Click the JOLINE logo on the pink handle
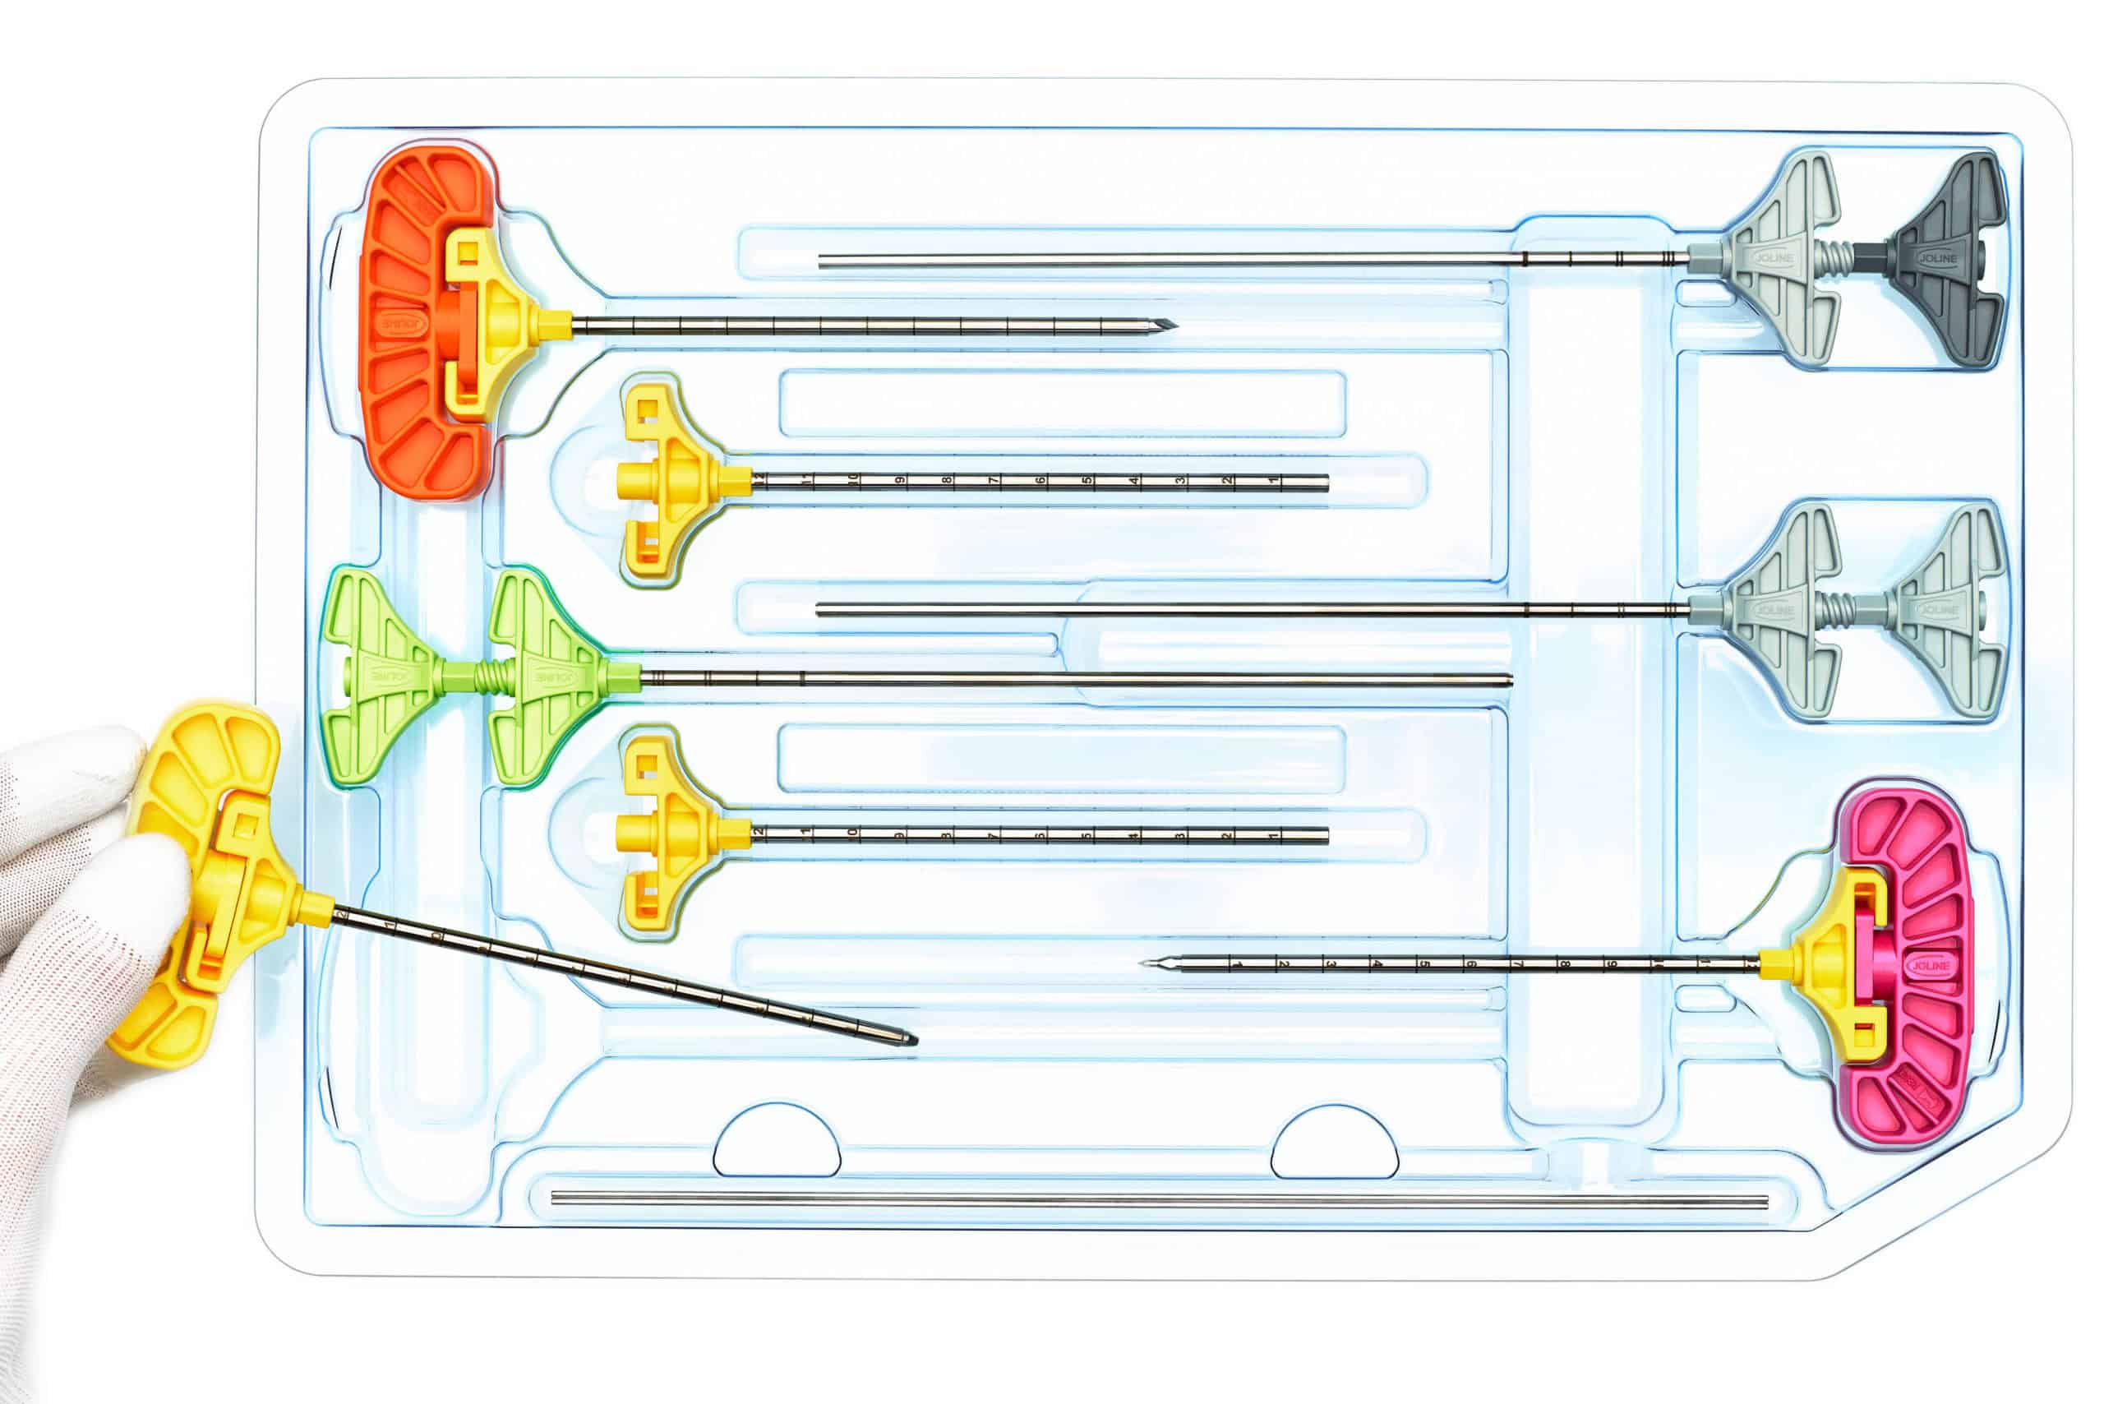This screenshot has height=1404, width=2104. (1930, 966)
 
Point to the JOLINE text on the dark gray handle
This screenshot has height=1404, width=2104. (1937, 258)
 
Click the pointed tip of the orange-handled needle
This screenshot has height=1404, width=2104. (1171, 325)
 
